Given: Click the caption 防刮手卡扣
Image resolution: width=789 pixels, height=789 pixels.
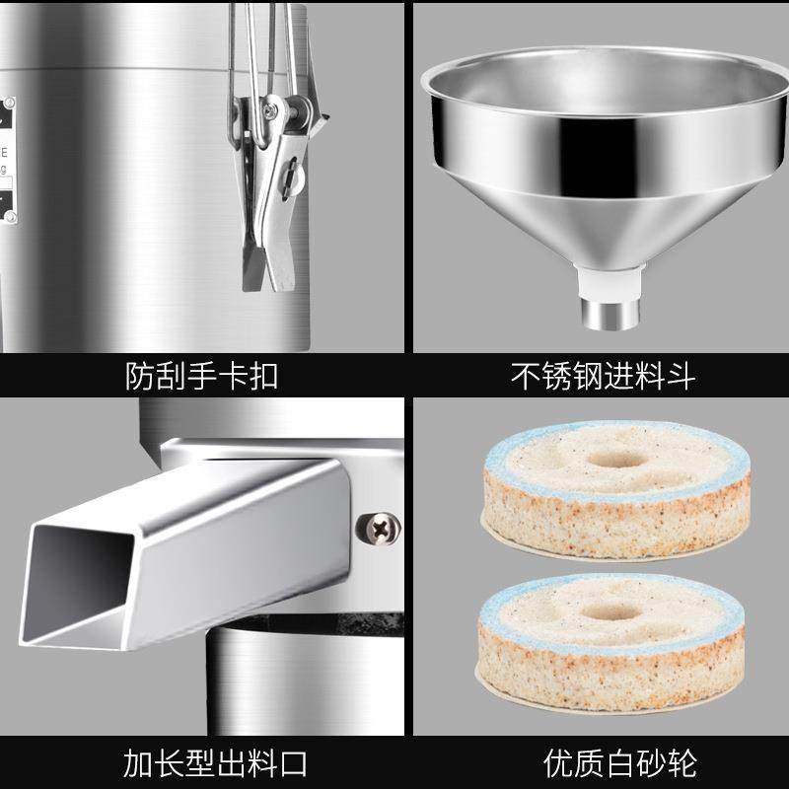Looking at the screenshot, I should (x=202, y=375).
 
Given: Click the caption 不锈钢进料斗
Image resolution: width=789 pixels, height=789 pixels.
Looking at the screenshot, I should (x=603, y=375).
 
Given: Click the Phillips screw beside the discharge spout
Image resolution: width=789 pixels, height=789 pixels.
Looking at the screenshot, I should (x=378, y=529).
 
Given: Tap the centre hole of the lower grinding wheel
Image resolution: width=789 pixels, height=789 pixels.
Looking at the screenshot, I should (x=610, y=610).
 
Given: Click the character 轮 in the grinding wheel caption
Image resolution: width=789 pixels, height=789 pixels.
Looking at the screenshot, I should (x=680, y=762).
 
